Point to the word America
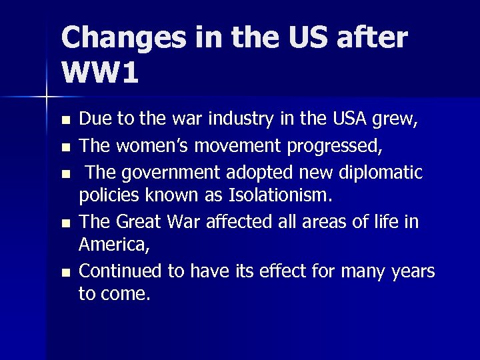coord(113,246)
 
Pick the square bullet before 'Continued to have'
coord(64,272)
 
